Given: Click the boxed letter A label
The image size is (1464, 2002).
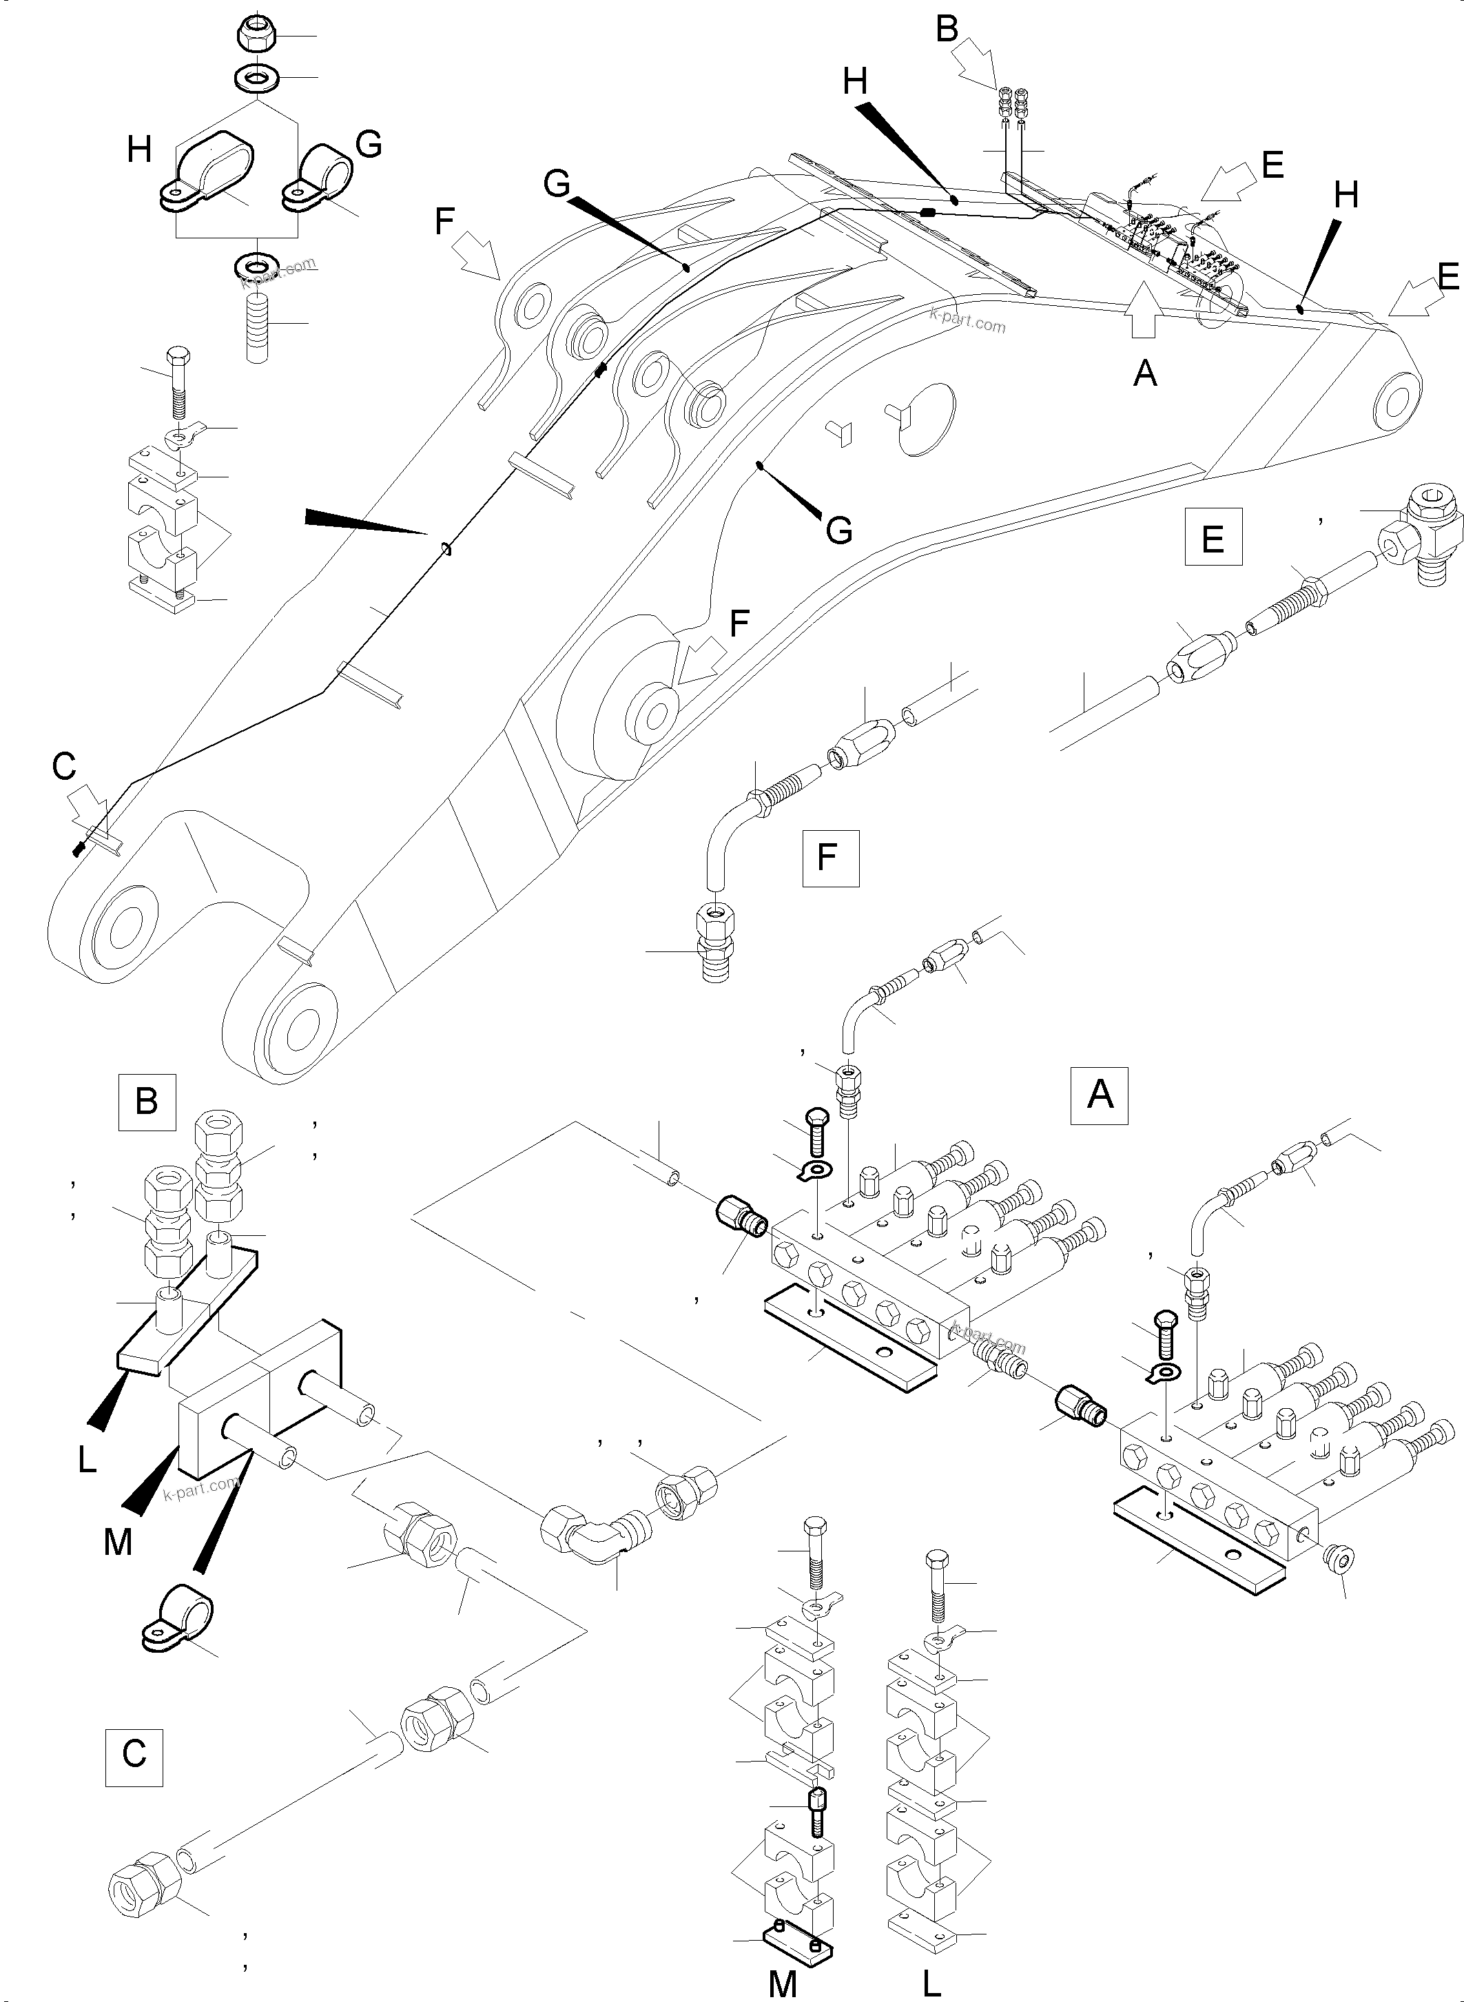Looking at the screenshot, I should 1100,1096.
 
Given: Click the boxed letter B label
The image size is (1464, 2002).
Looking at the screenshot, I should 147,1102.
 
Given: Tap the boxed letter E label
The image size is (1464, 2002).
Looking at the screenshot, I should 1213,537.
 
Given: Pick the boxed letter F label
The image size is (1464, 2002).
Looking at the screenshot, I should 829,858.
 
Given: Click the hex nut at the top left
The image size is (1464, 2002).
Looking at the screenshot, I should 258,34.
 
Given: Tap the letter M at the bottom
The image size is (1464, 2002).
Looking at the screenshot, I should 783,1977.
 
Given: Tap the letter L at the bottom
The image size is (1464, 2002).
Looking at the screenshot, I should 931,1977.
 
